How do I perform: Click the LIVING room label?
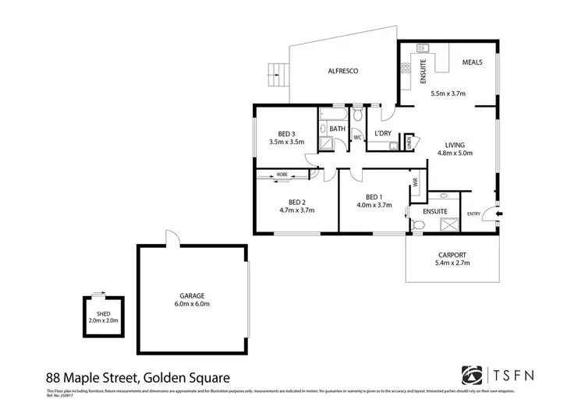click(x=456, y=145)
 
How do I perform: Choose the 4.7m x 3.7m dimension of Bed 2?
click(x=296, y=210)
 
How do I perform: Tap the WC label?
click(x=357, y=138)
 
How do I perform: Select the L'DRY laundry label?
click(x=382, y=133)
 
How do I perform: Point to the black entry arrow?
click(x=499, y=214)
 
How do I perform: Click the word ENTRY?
click(x=473, y=214)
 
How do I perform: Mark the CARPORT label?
click(x=452, y=255)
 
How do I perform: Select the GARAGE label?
click(x=192, y=295)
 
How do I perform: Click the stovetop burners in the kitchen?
click(x=406, y=69)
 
